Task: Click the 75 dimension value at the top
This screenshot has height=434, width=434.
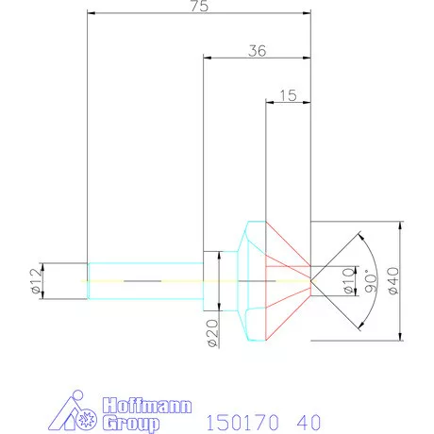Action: click(198, 7)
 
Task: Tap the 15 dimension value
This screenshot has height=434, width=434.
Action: click(289, 95)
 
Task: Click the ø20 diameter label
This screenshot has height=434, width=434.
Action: click(212, 333)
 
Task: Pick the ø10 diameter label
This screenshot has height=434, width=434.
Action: click(348, 280)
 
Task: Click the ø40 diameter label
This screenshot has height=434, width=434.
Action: click(420, 281)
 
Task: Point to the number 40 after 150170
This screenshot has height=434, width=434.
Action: click(308, 418)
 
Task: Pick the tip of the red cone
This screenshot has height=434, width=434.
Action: click(311, 280)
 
